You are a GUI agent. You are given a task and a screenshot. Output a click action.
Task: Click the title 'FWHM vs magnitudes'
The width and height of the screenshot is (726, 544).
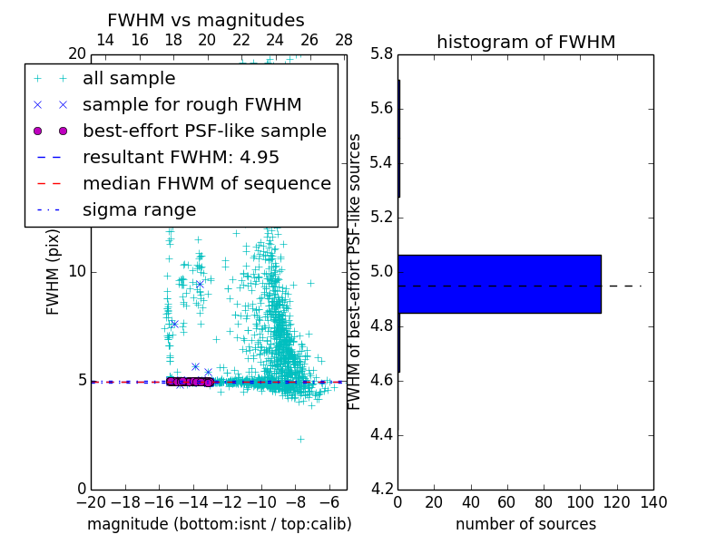[206, 21]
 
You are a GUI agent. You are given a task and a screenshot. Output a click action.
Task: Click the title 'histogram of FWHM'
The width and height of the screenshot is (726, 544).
[525, 43]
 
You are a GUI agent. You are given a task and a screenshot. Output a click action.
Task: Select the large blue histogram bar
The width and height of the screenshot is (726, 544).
[499, 284]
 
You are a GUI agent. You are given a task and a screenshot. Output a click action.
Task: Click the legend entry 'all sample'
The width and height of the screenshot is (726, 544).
[129, 79]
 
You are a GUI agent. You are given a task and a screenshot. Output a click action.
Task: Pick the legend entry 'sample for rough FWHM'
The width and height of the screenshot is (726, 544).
[191, 105]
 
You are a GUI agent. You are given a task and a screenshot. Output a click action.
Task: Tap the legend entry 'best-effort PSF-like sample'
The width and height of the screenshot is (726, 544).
[204, 131]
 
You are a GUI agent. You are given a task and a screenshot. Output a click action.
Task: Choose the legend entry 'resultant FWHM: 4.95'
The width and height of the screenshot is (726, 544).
[181, 157]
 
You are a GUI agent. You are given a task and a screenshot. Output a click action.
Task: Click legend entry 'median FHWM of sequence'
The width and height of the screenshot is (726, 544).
[206, 183]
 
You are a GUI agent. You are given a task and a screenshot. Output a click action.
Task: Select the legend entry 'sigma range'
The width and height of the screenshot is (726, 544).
[139, 210]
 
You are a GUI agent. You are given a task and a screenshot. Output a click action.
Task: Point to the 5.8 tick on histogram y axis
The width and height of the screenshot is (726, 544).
[382, 54]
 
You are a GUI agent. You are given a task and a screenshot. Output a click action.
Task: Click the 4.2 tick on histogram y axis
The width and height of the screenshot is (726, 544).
[382, 489]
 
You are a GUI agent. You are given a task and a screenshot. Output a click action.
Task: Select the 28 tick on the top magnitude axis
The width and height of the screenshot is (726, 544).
[344, 41]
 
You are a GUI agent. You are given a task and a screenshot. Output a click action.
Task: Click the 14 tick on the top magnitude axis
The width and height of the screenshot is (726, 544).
[105, 41]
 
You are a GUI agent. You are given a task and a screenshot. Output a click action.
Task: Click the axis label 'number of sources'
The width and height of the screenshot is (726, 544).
[525, 524]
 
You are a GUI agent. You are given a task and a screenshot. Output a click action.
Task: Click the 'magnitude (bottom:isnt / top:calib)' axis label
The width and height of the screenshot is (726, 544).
[219, 524]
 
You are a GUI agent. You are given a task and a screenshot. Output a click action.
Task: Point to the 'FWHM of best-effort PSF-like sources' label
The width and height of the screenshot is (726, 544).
[356, 272]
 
